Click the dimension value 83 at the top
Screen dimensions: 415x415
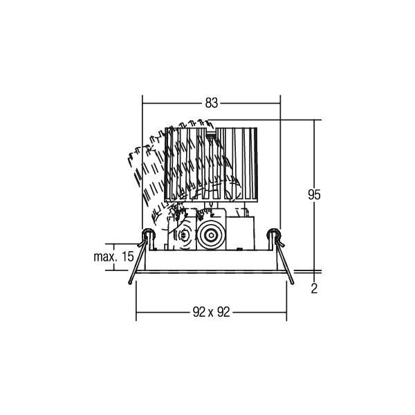click(x=211, y=103)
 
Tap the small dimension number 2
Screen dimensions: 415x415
click(x=314, y=289)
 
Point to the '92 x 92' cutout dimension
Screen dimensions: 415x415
click(x=210, y=312)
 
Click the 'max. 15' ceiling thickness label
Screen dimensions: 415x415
click(x=113, y=257)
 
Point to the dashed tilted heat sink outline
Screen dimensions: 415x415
click(x=149, y=173)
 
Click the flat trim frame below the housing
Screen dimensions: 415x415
click(x=210, y=270)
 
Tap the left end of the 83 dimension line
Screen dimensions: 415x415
click(x=142, y=103)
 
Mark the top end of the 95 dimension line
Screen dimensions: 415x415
click(x=314, y=120)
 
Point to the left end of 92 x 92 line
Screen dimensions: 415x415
click(x=136, y=312)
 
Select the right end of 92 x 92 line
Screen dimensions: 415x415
click(x=286, y=312)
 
